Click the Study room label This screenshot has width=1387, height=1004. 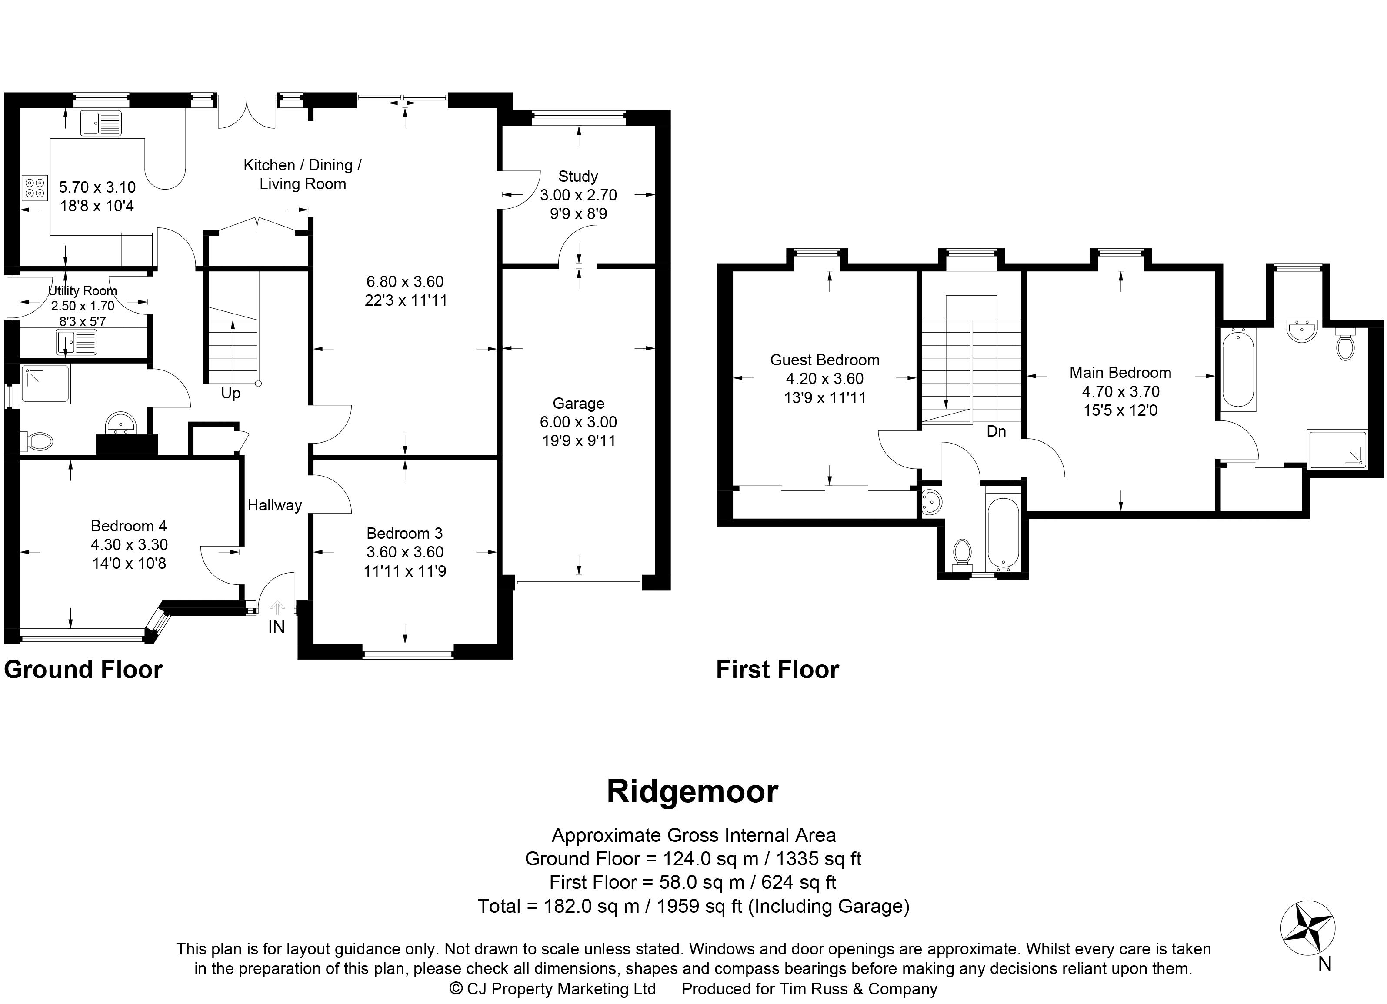[577, 177]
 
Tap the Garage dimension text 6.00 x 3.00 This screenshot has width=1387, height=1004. [578, 422]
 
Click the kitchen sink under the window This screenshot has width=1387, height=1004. [100, 123]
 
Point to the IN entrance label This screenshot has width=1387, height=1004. [277, 627]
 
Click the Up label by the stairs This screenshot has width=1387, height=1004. [230, 393]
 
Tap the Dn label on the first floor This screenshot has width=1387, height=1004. [996, 431]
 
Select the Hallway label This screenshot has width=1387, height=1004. [275, 505]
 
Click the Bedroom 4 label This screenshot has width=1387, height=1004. [128, 526]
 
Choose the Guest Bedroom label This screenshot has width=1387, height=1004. [824, 360]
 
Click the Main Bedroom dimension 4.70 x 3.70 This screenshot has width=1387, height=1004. [1120, 391]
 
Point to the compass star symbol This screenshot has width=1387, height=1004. [1307, 929]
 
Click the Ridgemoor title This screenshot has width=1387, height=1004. [692, 792]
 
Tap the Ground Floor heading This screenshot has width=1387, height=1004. [83, 670]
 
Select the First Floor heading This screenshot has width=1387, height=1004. [777, 670]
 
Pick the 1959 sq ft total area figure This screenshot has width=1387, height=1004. [700, 906]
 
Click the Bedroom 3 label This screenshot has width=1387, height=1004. [404, 533]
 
